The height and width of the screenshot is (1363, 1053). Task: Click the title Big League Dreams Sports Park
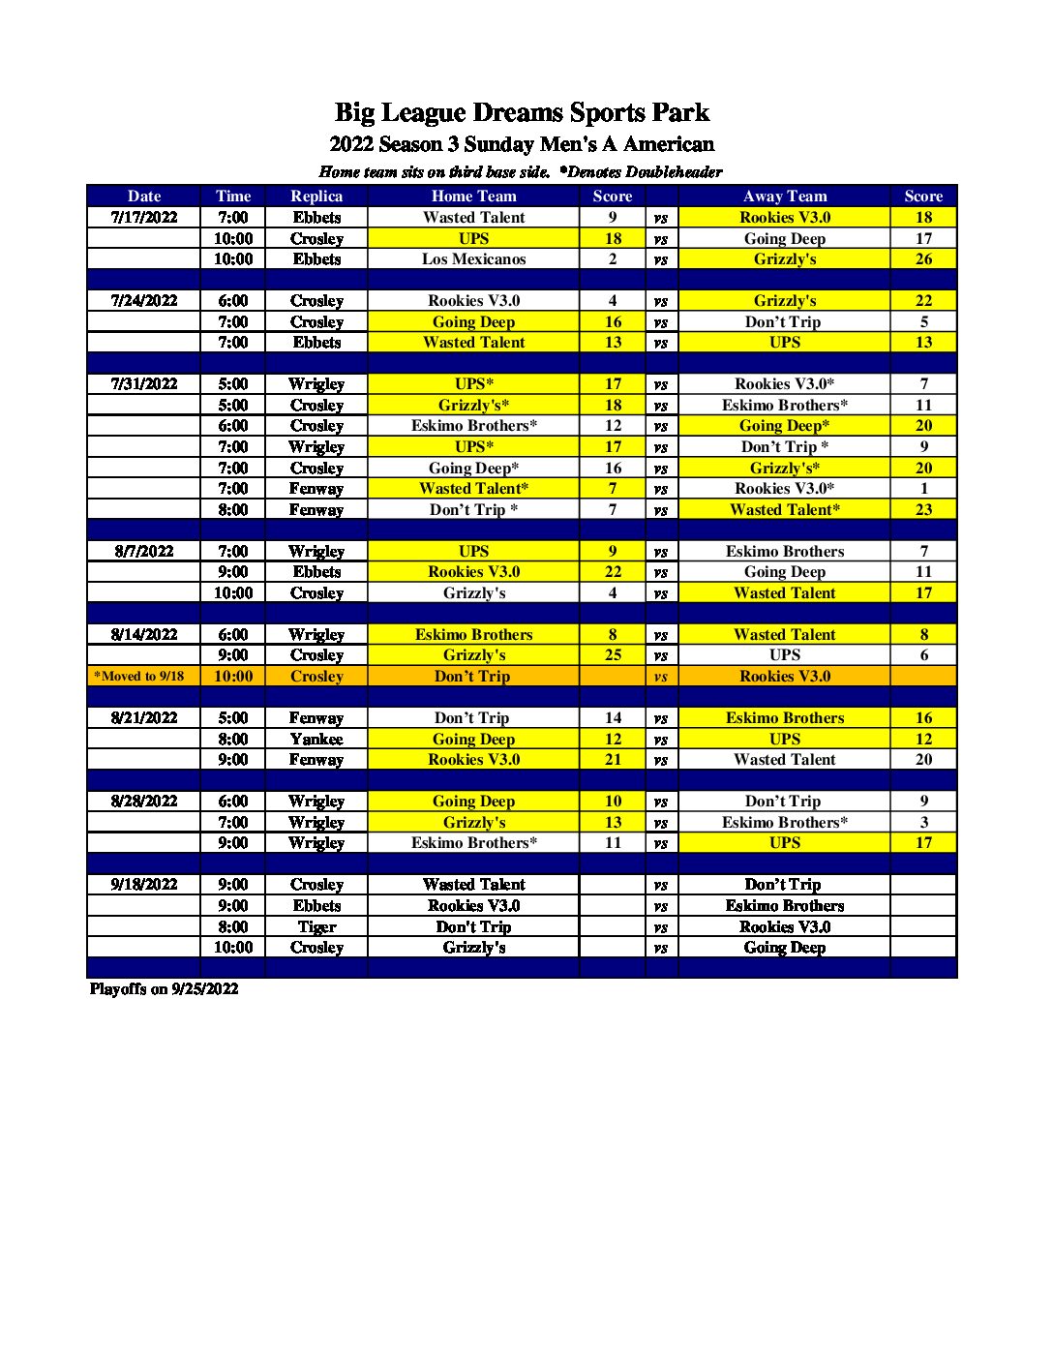click(x=522, y=113)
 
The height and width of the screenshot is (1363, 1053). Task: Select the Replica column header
click(x=316, y=197)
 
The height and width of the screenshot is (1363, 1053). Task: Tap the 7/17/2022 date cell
click(x=144, y=218)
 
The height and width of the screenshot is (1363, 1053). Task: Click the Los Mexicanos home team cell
click(x=473, y=259)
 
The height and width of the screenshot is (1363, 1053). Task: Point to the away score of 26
click(x=923, y=259)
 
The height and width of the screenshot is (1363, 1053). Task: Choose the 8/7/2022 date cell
click(x=144, y=552)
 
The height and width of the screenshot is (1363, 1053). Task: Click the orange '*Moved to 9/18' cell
click(x=139, y=677)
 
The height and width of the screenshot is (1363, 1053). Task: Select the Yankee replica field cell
click(x=316, y=740)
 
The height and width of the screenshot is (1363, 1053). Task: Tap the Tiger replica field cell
click(x=316, y=927)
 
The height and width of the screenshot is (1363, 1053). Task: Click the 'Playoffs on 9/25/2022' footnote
click(x=164, y=989)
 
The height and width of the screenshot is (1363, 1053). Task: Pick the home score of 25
click(x=613, y=655)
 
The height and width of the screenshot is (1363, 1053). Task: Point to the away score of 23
click(x=923, y=510)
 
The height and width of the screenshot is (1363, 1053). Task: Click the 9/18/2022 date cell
click(x=144, y=885)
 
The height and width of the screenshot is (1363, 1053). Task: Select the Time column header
click(x=233, y=197)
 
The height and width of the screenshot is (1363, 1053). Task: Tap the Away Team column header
click(x=785, y=197)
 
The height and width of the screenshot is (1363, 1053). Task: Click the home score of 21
click(x=613, y=760)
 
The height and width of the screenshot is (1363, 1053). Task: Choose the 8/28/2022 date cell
click(x=144, y=802)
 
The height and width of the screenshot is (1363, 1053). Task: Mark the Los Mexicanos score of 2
click(x=613, y=259)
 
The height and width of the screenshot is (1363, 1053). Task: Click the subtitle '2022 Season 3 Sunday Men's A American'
click(x=522, y=145)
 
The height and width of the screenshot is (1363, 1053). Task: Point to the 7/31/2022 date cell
click(x=144, y=384)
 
